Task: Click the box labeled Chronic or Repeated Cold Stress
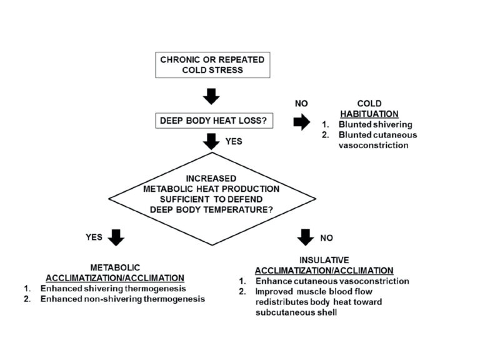click(x=212, y=65)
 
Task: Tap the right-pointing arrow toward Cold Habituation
click(x=302, y=122)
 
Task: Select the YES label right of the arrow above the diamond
click(x=234, y=142)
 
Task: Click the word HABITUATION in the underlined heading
click(x=369, y=114)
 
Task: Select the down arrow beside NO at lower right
click(x=306, y=237)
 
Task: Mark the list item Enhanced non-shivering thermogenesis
click(x=122, y=299)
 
